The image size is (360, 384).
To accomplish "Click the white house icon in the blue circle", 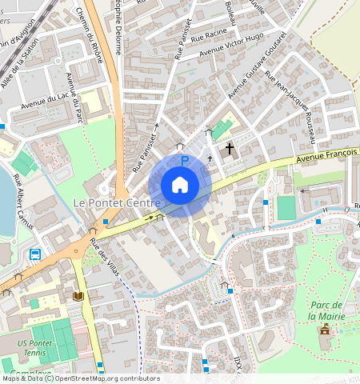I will click(x=180, y=186).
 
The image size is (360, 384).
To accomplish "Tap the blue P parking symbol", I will click(x=184, y=161).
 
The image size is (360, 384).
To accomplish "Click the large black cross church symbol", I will click(x=230, y=148).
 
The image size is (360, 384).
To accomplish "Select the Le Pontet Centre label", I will click(x=118, y=203).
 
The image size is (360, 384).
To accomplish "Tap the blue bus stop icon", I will click(x=35, y=254).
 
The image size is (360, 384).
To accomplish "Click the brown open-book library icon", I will click(x=78, y=296).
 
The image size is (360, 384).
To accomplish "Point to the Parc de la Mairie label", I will click(x=326, y=310).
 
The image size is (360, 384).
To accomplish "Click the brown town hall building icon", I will click(x=325, y=330).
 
